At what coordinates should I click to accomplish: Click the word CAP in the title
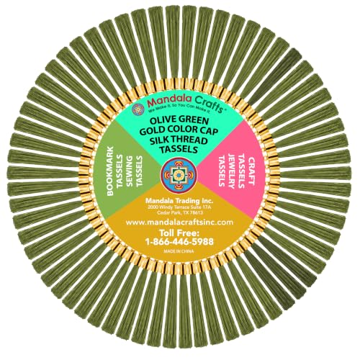[x=208, y=131]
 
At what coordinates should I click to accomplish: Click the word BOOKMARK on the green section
[x=110, y=171]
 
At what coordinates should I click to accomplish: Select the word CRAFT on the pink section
[x=251, y=171]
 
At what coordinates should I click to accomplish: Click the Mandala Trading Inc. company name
[x=179, y=200]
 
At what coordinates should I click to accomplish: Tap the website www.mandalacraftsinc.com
[x=179, y=222]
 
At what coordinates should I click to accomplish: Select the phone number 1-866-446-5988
[x=179, y=242]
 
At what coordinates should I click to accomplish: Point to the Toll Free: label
[x=179, y=233]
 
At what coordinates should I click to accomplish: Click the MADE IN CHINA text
[x=179, y=251]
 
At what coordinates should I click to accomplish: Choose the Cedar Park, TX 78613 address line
[x=180, y=212]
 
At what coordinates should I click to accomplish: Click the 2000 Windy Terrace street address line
[x=179, y=207]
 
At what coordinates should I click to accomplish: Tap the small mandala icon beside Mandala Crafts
[x=138, y=109]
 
